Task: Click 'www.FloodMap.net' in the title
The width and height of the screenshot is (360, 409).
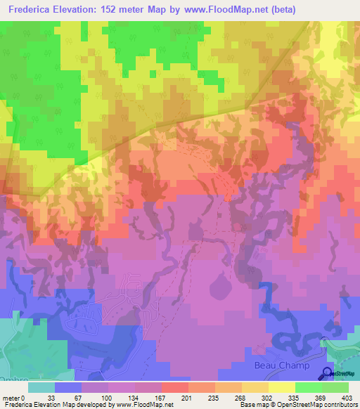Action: [224, 10]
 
